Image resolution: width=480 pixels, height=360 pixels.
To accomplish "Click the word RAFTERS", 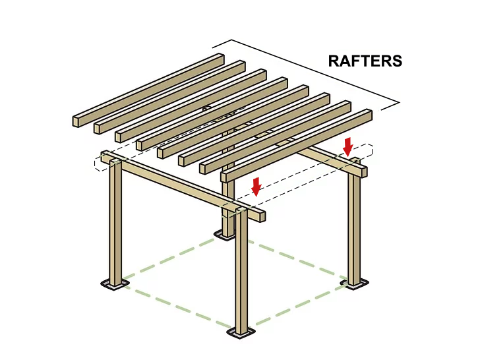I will pyautogui.click(x=365, y=61).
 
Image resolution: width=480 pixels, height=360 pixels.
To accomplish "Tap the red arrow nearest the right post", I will pyautogui.click(x=348, y=146).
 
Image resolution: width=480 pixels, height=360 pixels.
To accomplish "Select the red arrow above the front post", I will pyautogui.click(x=256, y=187).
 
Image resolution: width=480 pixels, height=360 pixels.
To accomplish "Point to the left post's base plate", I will pyautogui.click(x=115, y=284).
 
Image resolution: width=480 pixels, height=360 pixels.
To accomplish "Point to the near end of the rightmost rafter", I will pyautogui.click(x=226, y=175).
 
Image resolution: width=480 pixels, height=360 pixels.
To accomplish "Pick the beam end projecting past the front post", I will pyautogui.click(x=260, y=216).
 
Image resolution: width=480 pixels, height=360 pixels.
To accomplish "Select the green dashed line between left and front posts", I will pyautogui.click(x=178, y=305).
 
